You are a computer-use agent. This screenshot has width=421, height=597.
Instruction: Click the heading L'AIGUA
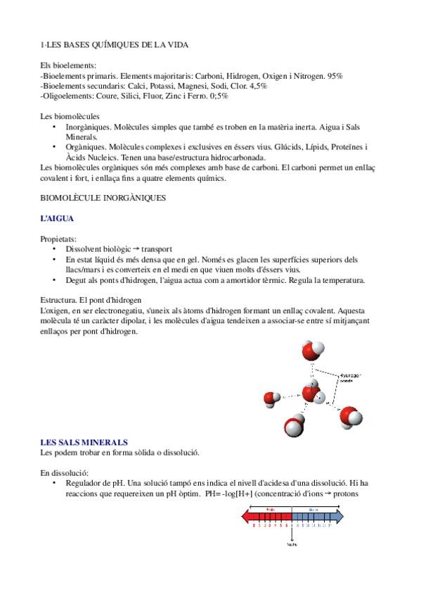point(57,219)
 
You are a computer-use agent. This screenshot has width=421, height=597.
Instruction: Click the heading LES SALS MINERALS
point(84,442)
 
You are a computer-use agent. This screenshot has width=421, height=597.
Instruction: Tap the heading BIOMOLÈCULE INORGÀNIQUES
point(103,199)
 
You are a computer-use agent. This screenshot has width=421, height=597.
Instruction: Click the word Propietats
point(58,239)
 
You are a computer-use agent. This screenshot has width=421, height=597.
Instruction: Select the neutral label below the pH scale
point(291,543)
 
